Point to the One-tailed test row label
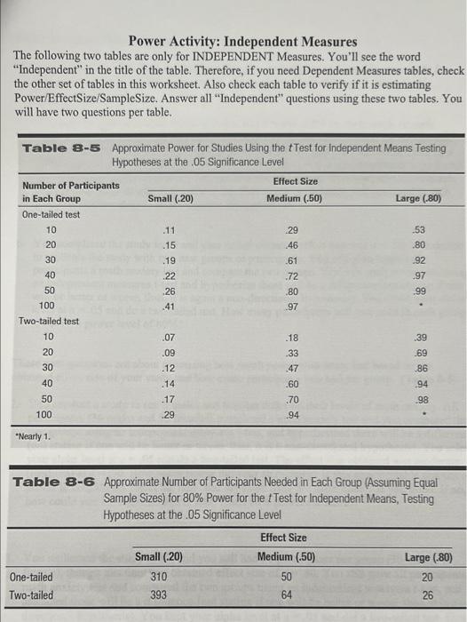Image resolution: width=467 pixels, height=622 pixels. pyautogui.click(x=52, y=214)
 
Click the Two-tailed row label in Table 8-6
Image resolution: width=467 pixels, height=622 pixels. pyautogui.click(x=31, y=594)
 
